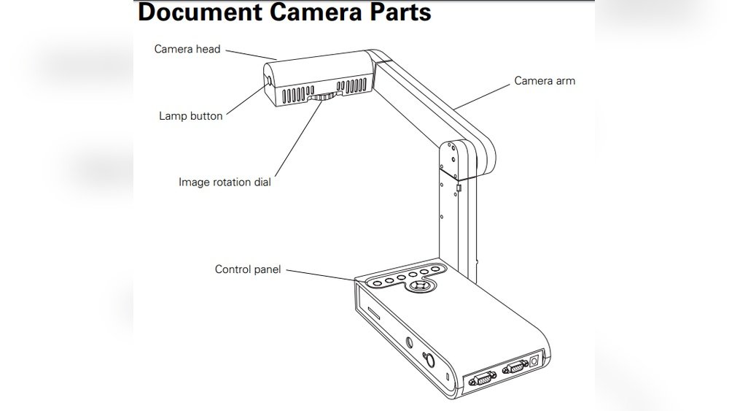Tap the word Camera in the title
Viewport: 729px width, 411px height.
(300, 12)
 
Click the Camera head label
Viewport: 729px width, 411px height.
(187, 50)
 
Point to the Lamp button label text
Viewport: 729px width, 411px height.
(191, 116)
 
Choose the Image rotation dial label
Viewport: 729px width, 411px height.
(225, 183)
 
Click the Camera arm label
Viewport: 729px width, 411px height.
(545, 81)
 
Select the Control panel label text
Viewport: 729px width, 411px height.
(248, 270)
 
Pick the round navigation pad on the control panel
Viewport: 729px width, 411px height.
(419, 287)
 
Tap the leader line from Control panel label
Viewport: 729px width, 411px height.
(321, 274)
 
